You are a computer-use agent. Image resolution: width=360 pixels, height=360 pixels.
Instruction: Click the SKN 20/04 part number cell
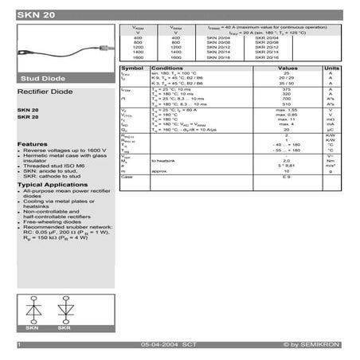coord(217,38)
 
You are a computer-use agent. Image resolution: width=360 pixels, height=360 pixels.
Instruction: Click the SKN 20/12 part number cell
coord(217,48)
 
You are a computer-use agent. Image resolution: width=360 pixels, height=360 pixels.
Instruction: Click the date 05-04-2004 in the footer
coord(158,344)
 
